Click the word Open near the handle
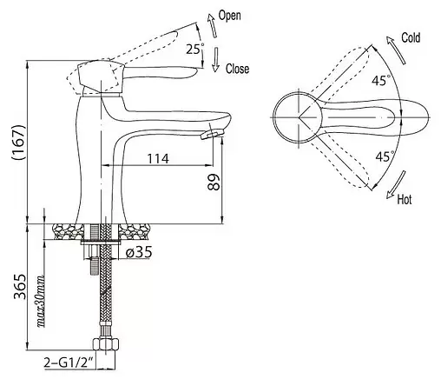229,16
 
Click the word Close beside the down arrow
237,69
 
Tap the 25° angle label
194,49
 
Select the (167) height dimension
19,143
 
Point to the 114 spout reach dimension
158,158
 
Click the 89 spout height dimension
214,182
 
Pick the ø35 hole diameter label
139,252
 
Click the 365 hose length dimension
20,286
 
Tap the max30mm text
41,301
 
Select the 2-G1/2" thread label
69,362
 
